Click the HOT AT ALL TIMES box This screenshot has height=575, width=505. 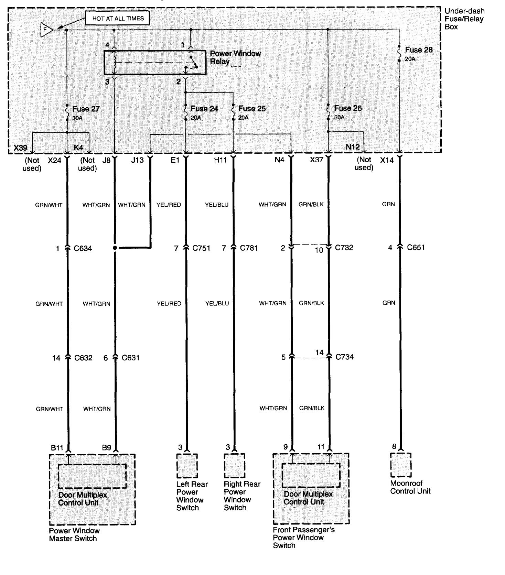point(118,19)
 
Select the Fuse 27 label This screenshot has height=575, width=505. point(86,109)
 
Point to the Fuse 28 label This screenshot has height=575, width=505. point(419,50)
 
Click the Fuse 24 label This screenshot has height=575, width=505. point(204,109)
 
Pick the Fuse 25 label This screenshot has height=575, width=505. point(252,109)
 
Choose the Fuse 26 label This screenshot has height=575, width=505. point(348,108)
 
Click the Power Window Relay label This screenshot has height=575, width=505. point(235,57)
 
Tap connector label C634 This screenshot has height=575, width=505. point(83,248)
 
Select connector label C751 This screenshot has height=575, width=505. point(201,248)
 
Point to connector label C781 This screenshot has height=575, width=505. point(249,248)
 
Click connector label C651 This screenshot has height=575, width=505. point(416,248)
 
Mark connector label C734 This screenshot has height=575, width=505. point(344,357)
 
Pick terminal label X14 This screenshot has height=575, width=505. point(387,160)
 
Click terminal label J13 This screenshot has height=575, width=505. point(137,160)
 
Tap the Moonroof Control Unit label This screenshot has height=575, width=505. point(410,487)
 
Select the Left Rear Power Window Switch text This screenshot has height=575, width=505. point(192,496)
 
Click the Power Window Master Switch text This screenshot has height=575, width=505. point(74,535)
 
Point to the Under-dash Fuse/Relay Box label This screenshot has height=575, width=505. point(464,19)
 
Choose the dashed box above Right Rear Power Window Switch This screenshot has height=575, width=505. point(235,466)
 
